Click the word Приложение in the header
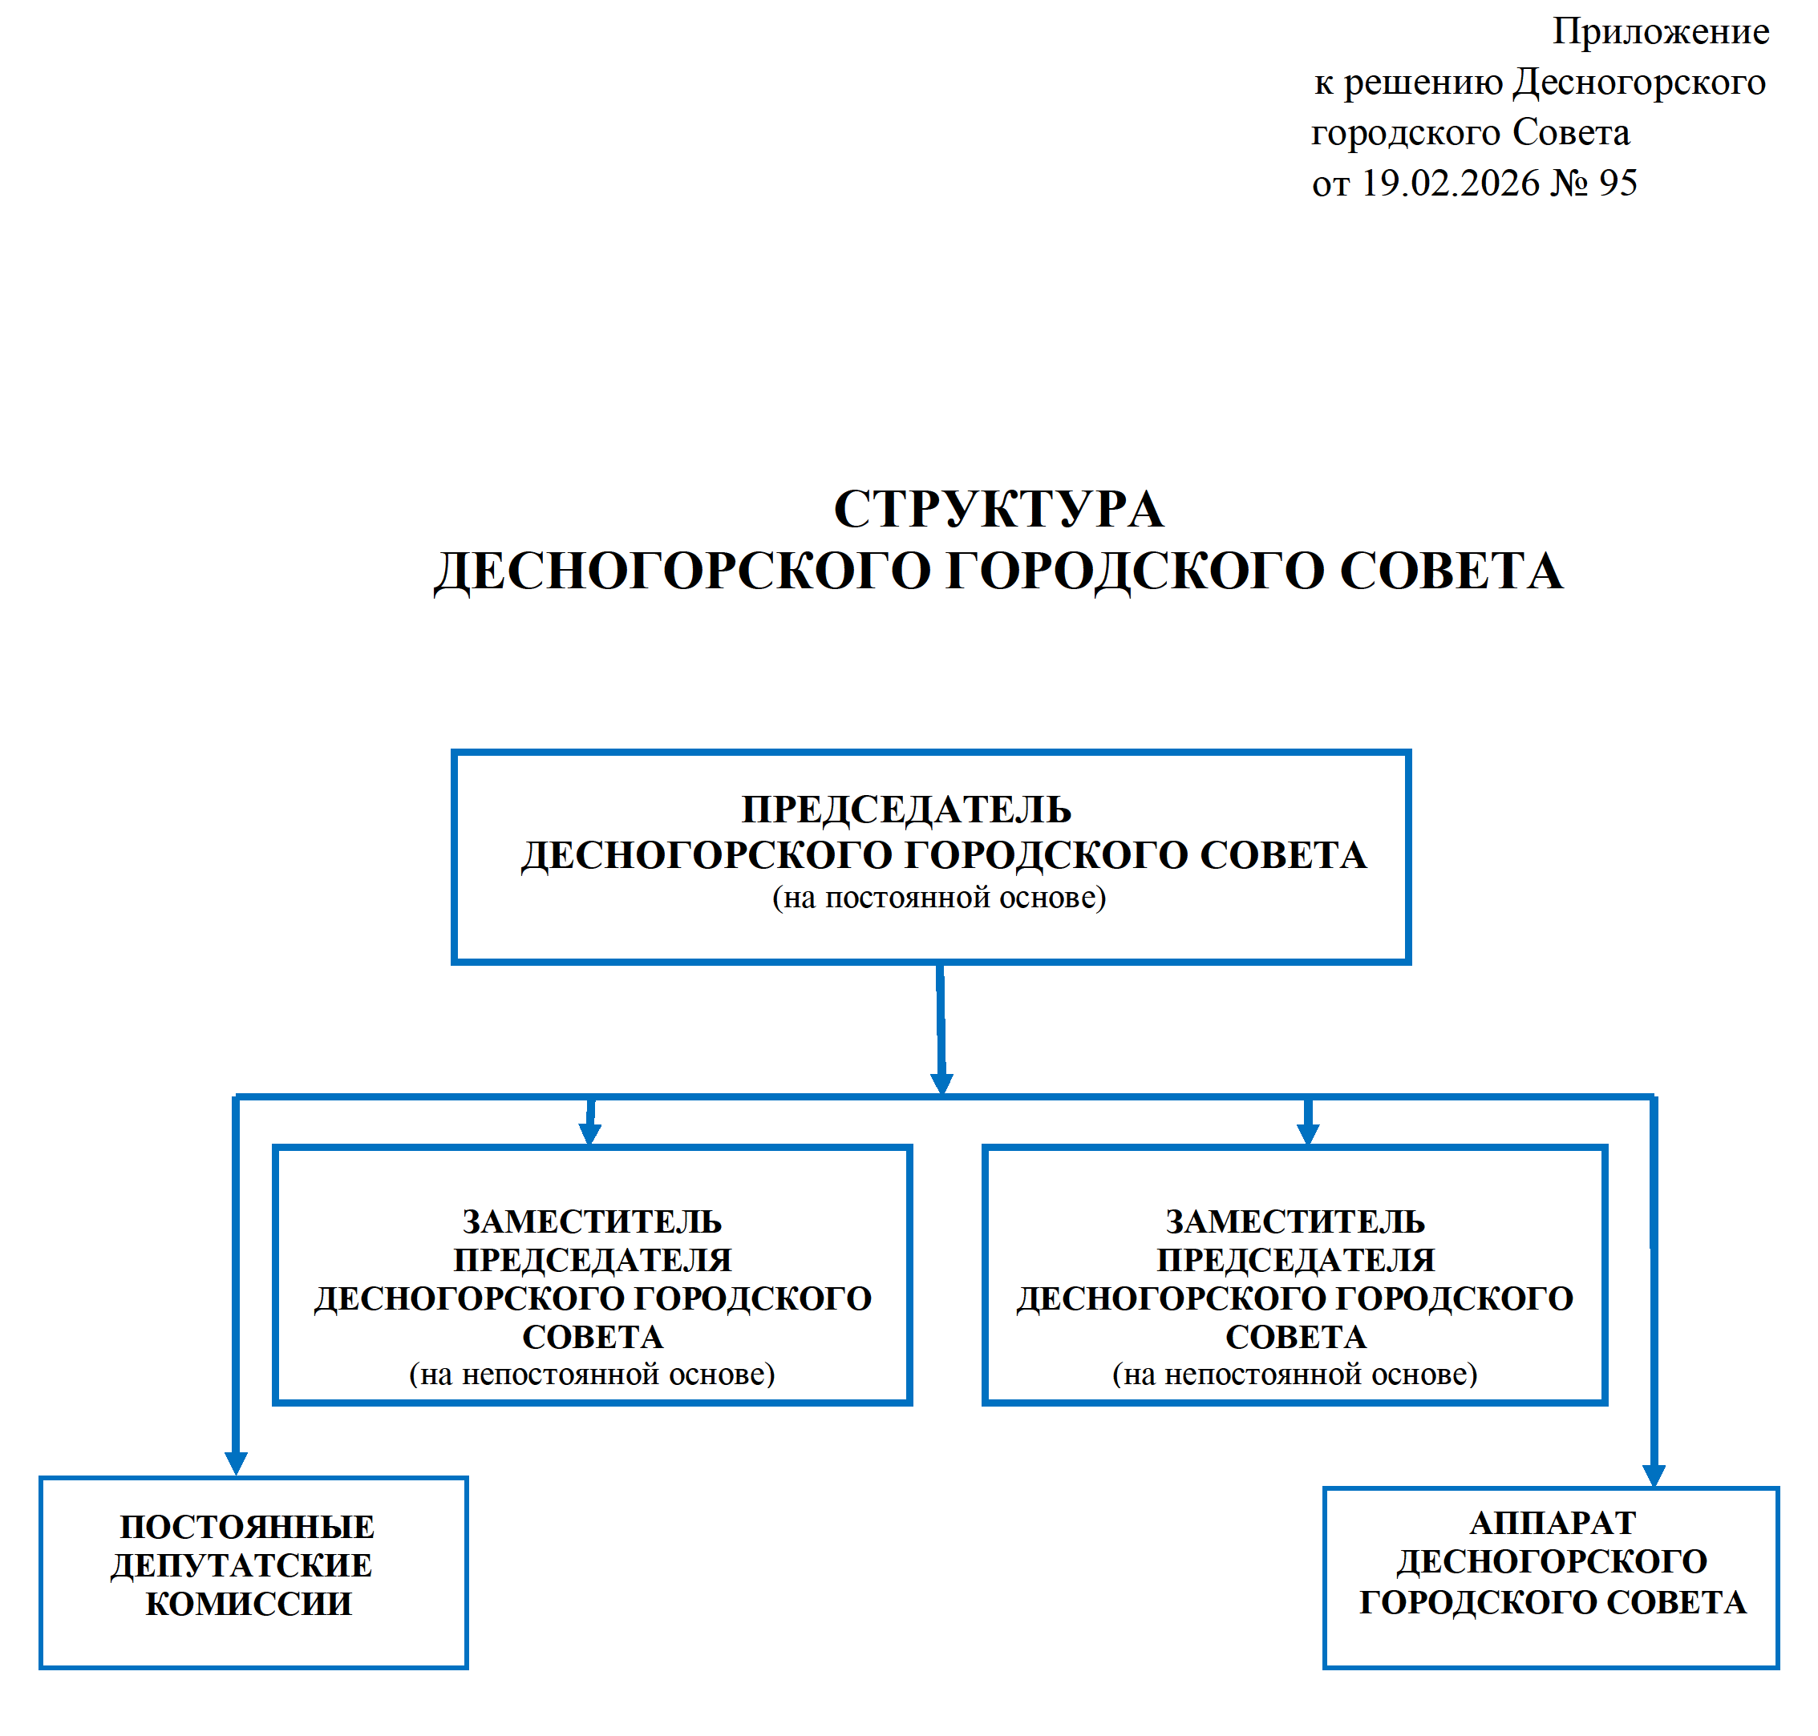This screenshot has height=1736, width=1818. click(x=1660, y=32)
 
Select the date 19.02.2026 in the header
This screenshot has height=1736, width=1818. click(x=1448, y=184)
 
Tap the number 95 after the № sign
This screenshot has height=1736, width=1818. click(x=1618, y=184)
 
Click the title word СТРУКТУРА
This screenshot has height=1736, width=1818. click(x=998, y=510)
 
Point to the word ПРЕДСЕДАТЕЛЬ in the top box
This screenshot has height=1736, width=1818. click(x=906, y=809)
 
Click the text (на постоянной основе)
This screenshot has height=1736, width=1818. click(x=938, y=898)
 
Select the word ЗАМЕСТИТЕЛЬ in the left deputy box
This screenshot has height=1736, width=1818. click(x=592, y=1221)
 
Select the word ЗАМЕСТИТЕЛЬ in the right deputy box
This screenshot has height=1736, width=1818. click(x=1294, y=1221)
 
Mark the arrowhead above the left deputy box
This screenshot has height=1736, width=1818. click(x=589, y=1133)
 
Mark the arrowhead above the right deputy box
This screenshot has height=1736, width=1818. click(x=1307, y=1133)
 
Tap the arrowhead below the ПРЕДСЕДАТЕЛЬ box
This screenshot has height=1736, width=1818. click(x=941, y=1084)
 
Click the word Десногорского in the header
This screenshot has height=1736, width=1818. click(x=1638, y=83)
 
